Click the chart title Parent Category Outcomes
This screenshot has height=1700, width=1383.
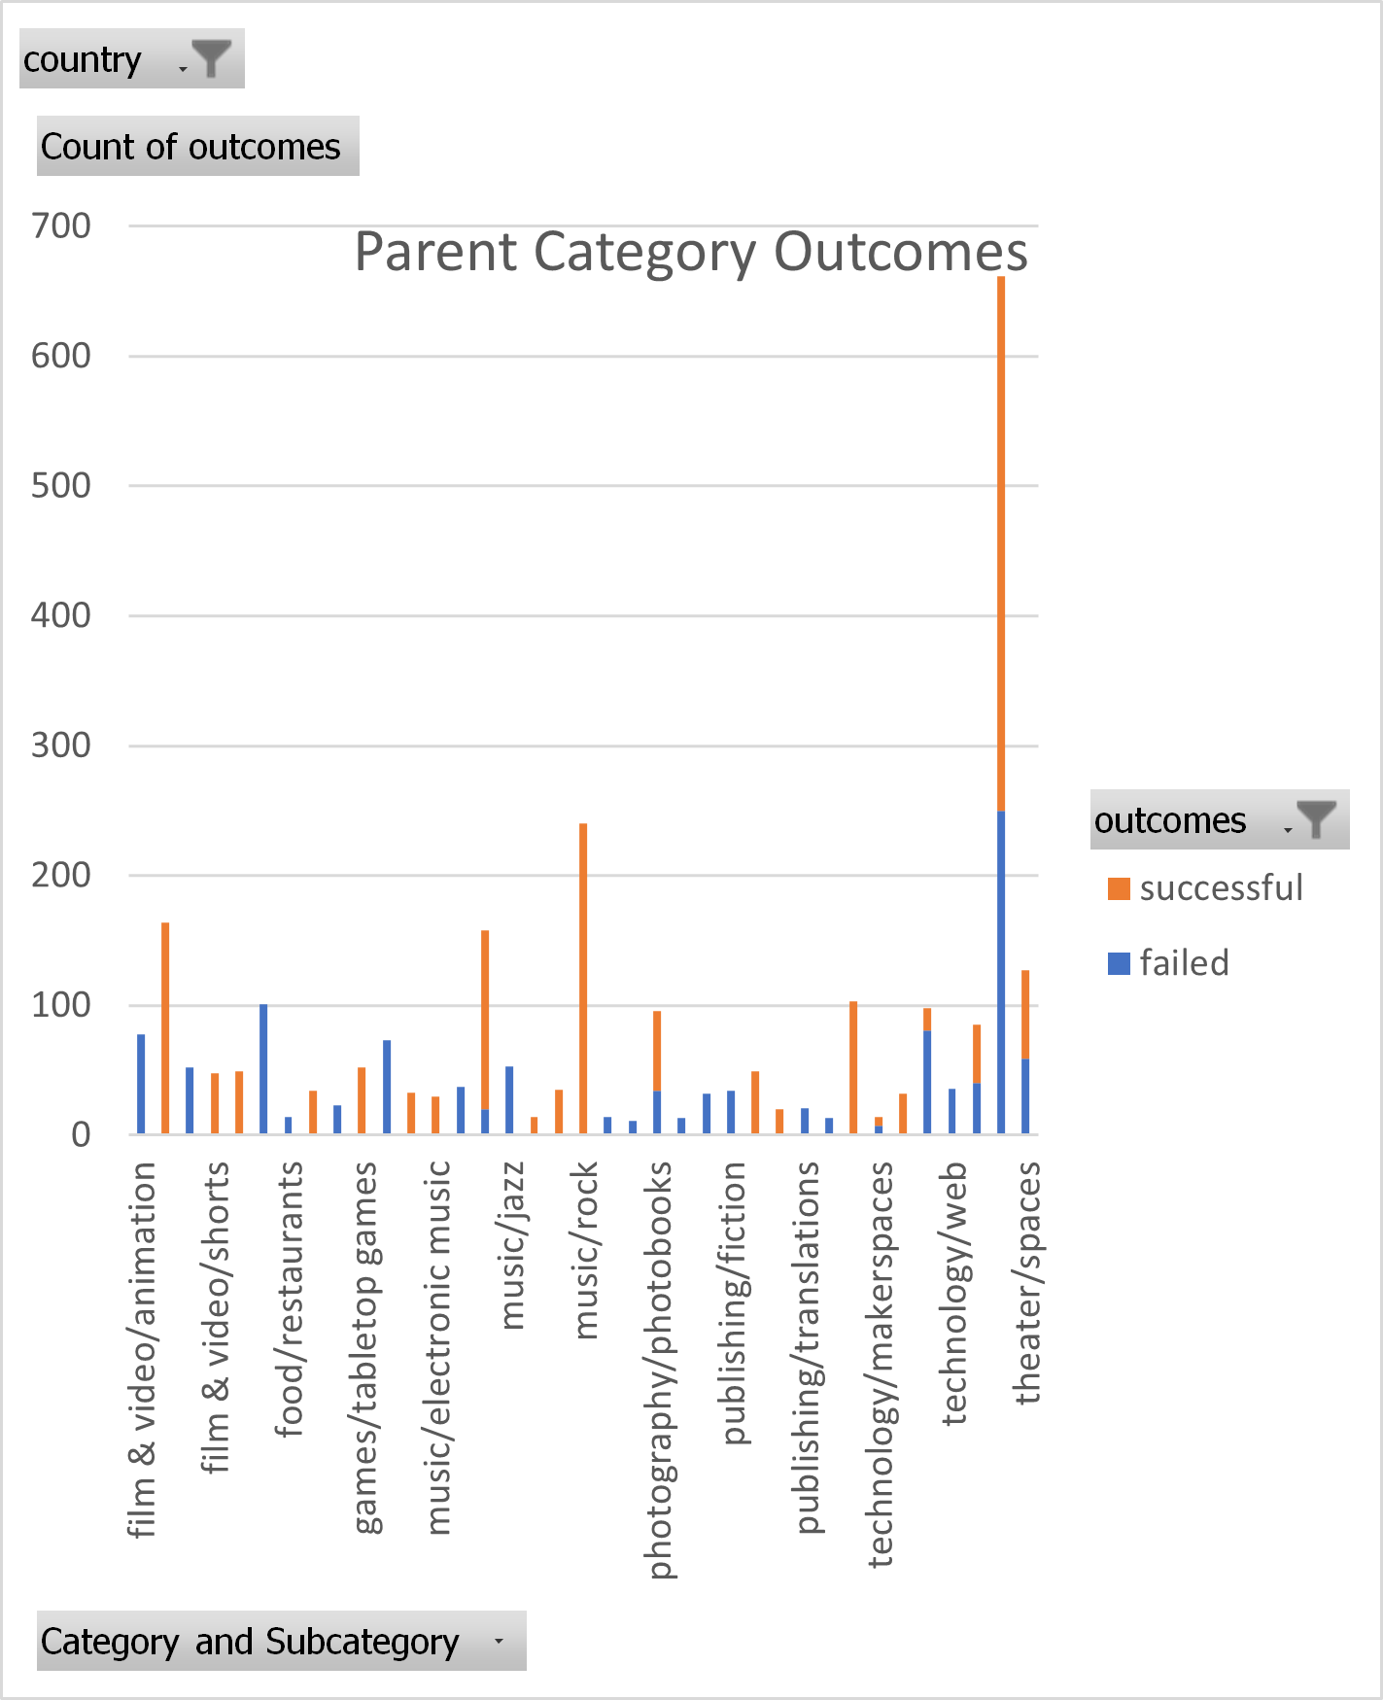click(x=690, y=252)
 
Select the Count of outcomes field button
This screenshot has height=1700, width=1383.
click(x=197, y=147)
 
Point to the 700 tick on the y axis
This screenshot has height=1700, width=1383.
click(x=61, y=226)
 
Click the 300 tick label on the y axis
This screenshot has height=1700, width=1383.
click(x=61, y=746)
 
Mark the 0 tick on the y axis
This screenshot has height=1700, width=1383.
click(x=81, y=1134)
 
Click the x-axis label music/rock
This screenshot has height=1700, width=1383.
click(x=585, y=1250)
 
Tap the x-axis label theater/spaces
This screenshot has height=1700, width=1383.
click(x=1027, y=1283)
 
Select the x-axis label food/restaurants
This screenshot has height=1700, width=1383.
click(x=290, y=1299)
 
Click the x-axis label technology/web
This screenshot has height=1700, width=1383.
click(x=954, y=1293)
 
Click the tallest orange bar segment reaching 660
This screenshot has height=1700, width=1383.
click(x=1001, y=544)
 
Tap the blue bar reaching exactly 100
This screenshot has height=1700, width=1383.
click(x=263, y=1069)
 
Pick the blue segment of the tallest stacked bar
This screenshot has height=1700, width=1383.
click(x=1001, y=972)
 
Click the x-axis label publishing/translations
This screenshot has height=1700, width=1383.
click(x=807, y=1347)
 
